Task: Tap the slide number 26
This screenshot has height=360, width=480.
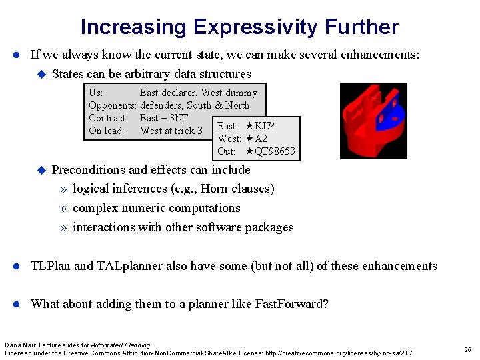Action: [468, 349]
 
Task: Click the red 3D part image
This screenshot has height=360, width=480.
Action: [373, 121]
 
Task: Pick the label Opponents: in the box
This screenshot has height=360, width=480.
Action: [113, 105]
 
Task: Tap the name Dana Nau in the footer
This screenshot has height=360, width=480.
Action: [19, 345]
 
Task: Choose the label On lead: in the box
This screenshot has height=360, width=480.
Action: [107, 131]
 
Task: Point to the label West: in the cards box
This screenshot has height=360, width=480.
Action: [229, 139]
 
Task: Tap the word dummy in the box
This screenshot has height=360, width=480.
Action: [241, 93]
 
